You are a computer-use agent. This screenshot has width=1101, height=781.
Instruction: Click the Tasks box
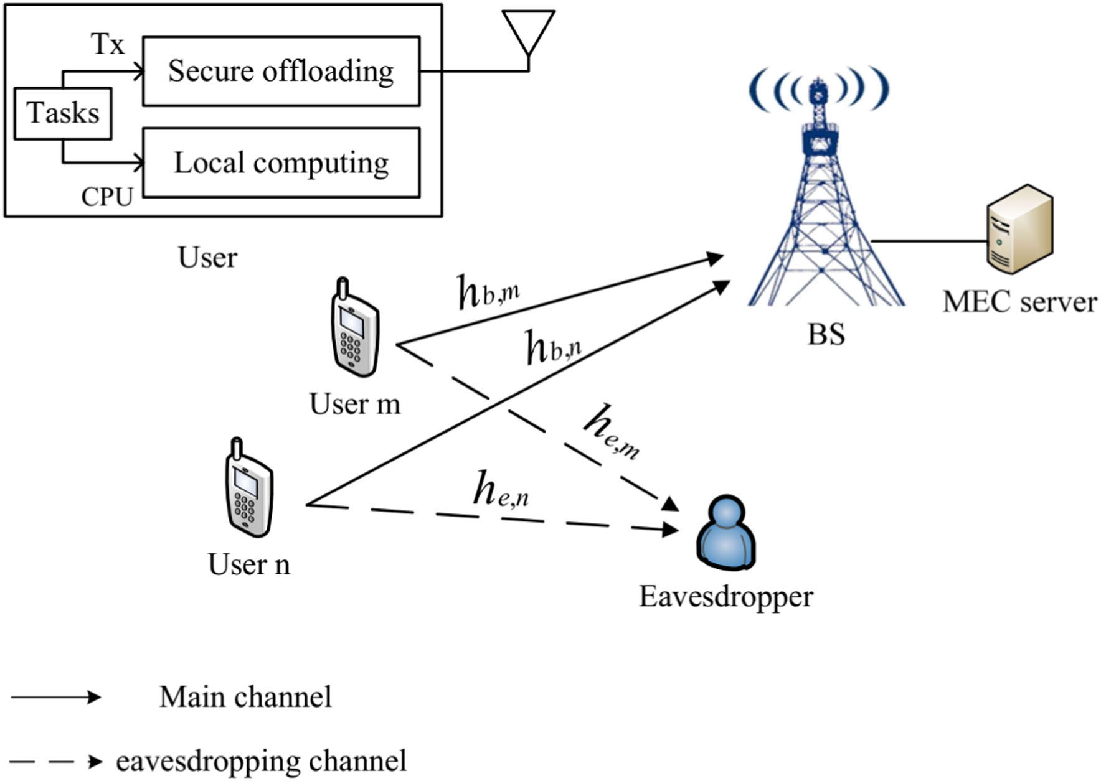click(x=63, y=113)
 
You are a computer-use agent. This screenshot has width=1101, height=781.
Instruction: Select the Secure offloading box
click(x=281, y=71)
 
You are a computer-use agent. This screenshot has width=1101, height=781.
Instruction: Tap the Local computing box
click(x=281, y=163)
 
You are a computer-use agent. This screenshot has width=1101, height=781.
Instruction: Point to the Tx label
click(x=107, y=44)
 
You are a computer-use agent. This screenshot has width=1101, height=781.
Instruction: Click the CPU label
click(x=107, y=197)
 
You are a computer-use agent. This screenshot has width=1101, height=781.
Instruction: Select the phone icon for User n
click(x=248, y=489)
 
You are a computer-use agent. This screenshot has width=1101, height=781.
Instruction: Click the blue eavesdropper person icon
click(x=725, y=532)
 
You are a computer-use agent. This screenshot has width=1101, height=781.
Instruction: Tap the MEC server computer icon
click(x=1019, y=228)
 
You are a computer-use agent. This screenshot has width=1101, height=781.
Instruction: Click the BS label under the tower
click(x=826, y=334)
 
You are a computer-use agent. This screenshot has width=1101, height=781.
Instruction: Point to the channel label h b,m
click(x=488, y=292)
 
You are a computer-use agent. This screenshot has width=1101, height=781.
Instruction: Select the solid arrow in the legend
click(x=56, y=696)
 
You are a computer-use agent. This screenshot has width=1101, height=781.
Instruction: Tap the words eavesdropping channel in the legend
click(x=261, y=761)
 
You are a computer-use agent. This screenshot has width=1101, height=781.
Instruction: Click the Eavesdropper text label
click(x=725, y=596)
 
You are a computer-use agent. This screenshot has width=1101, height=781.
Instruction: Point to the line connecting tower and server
click(x=928, y=240)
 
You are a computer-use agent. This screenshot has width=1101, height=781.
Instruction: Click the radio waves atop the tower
click(x=818, y=88)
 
